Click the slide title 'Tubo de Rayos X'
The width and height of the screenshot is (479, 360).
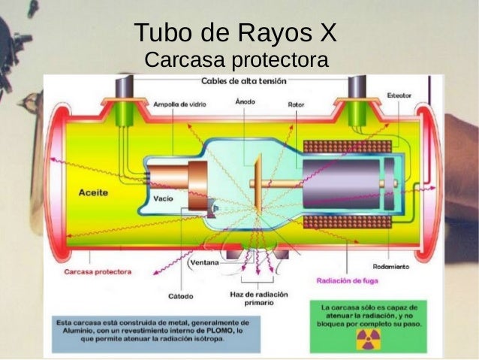click(x=236, y=33)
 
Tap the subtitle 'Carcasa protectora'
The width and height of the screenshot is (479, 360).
click(x=236, y=59)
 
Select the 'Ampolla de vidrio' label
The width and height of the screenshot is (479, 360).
click(x=176, y=104)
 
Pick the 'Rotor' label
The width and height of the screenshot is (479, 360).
click(x=296, y=104)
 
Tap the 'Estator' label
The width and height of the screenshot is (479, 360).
click(x=398, y=95)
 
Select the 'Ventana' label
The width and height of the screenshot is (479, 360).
click(x=205, y=263)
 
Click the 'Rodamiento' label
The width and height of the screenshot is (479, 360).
click(x=390, y=266)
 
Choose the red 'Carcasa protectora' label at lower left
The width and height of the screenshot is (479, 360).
click(x=98, y=271)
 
